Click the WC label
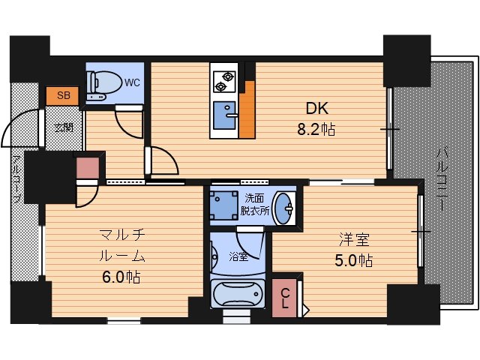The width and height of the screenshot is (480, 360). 130,82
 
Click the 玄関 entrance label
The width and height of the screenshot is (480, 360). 62,127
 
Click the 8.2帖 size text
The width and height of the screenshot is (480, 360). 316,129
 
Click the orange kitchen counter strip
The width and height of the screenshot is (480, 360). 247,112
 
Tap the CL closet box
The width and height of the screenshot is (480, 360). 286,298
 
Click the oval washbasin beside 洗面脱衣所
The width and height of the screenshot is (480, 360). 283,208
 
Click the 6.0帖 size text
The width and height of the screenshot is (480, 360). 121,277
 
